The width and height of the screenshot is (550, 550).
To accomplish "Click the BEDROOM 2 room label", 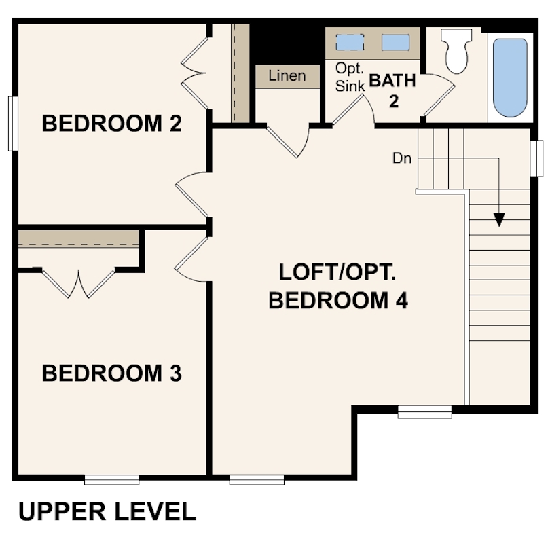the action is tap(112, 124).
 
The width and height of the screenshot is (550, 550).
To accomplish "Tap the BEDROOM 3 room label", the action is tap(112, 373).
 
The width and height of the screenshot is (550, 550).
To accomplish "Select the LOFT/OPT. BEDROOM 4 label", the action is tap(337, 287).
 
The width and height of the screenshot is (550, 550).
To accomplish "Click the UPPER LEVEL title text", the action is tap(107, 511).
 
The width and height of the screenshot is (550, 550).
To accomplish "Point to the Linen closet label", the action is tap(287, 76).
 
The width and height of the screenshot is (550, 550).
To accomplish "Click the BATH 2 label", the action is tap(393, 90).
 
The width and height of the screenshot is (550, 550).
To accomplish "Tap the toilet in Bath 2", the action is tap(456, 51).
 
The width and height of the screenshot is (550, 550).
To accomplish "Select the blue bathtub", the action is tap(510, 78).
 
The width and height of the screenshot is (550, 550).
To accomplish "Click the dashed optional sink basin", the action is tap(350, 42).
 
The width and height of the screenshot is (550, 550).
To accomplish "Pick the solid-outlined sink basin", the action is tap(395, 42).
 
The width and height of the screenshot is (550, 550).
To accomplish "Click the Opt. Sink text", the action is tap(350, 77).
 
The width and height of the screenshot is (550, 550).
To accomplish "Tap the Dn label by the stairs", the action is tap(402, 158).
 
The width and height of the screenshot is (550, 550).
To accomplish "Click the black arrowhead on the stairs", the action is tap(499, 220).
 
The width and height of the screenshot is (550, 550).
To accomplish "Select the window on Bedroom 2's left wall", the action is tap(13, 124).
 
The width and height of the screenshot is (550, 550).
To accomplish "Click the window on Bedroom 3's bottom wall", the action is tap(112, 480).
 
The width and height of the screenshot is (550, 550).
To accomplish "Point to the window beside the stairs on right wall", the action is tap(536, 158).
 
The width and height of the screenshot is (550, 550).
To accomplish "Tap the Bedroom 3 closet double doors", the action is tap(79, 283).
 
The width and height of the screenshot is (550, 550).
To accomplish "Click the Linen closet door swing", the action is tap(289, 141).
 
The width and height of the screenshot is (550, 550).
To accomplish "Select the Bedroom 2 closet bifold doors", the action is tap(195, 73).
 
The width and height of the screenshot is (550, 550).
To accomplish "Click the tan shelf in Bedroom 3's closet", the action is tap(79, 239).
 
